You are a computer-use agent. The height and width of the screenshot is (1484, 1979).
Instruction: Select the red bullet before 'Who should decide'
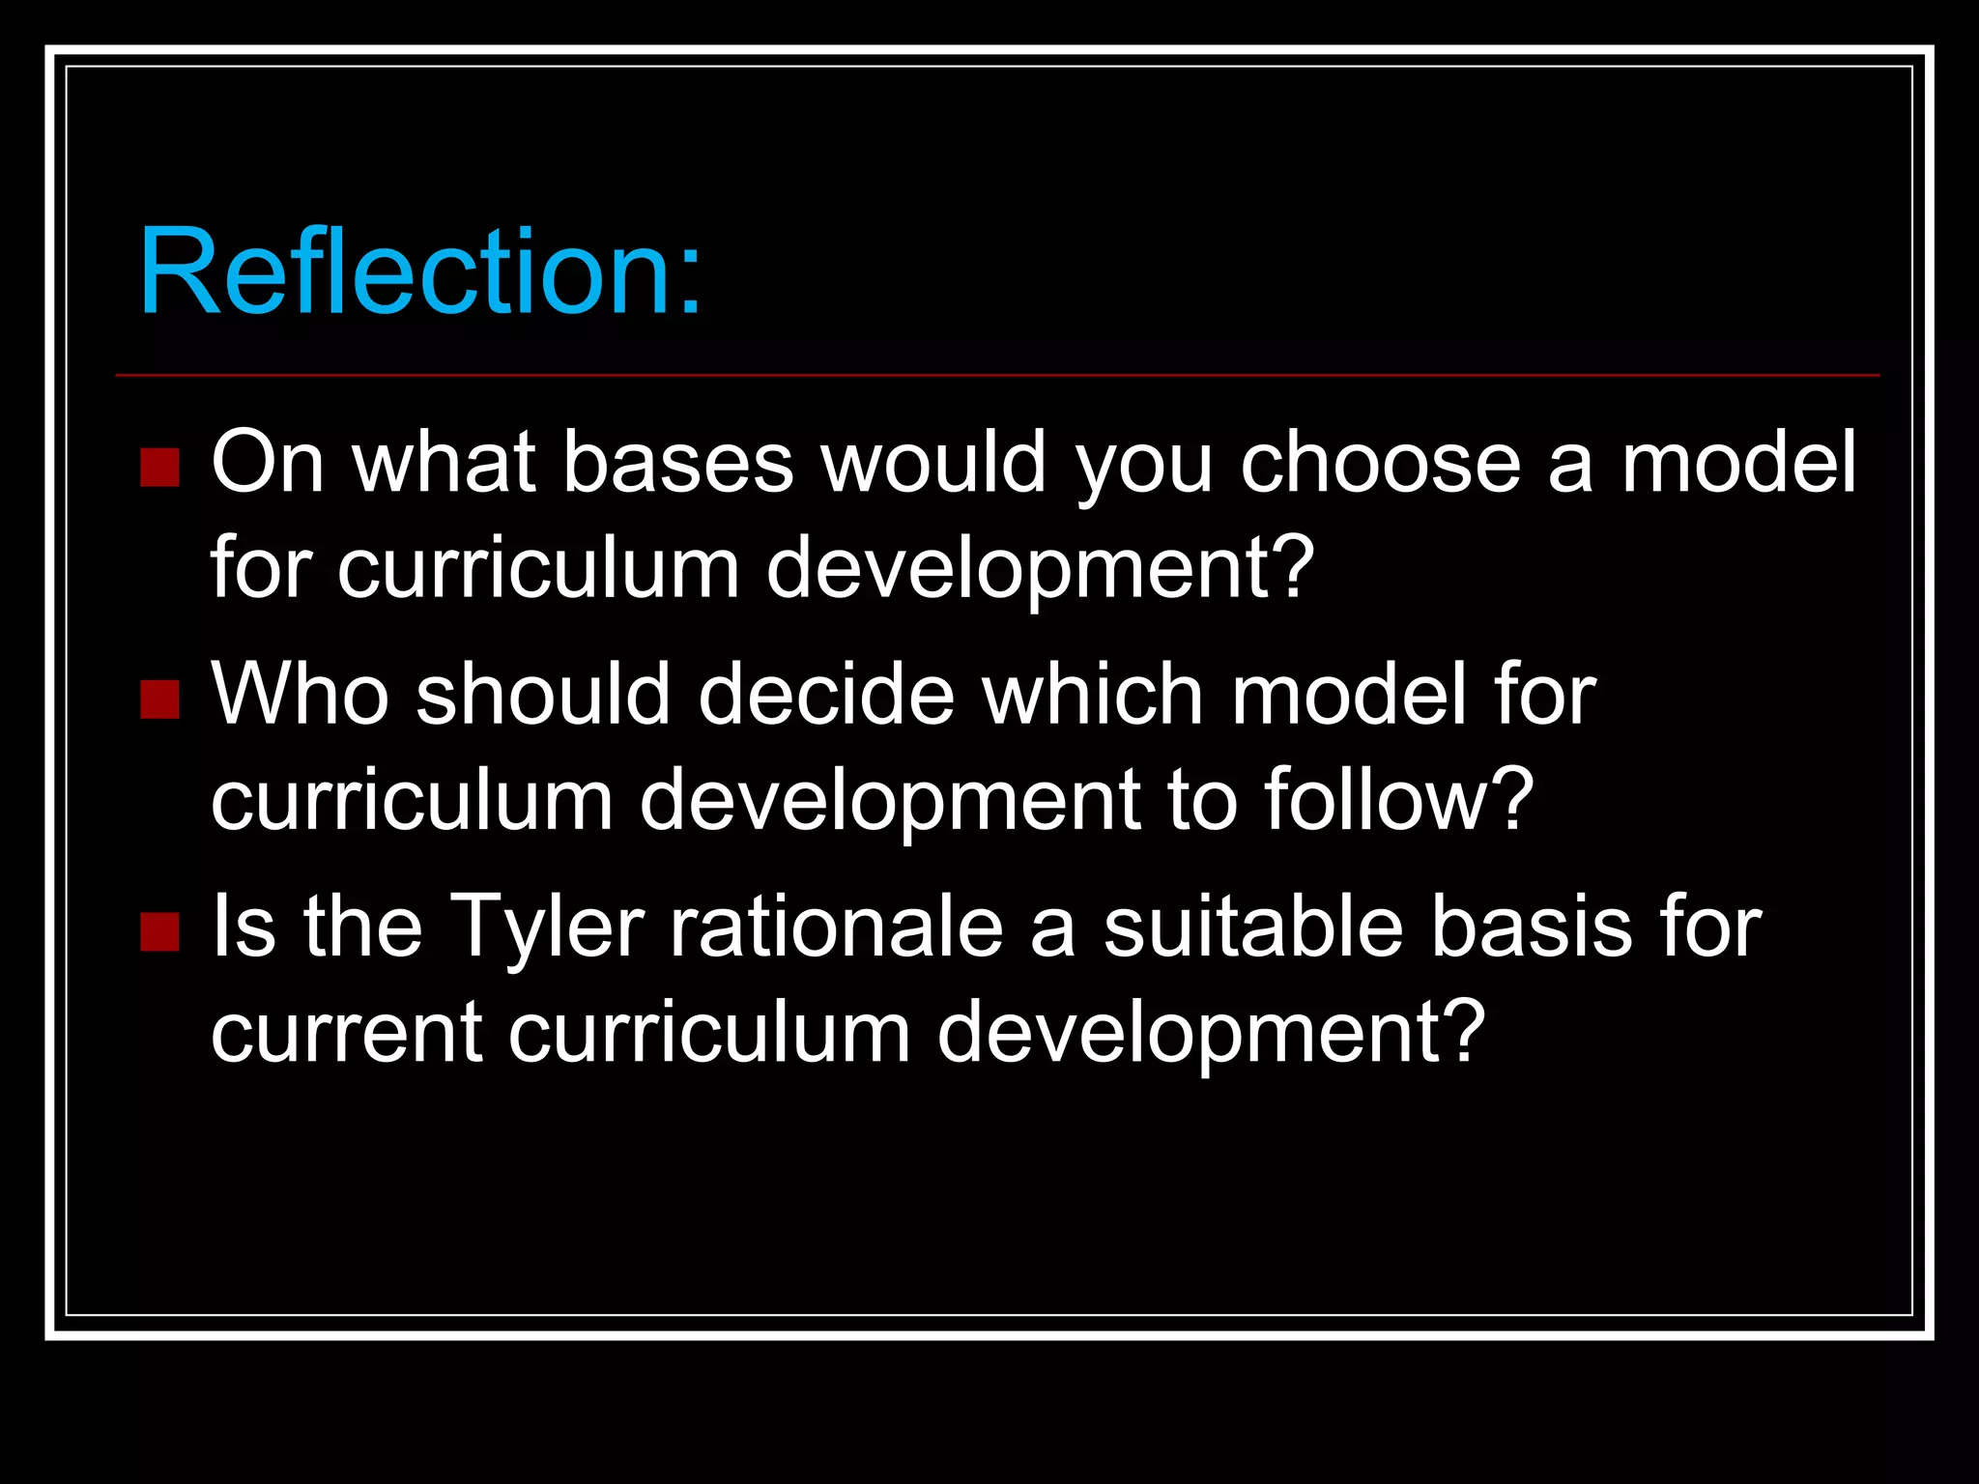coord(159,699)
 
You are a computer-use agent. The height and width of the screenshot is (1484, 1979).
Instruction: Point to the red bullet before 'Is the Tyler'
coord(159,931)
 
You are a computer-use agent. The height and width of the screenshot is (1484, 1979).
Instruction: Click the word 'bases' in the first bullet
coord(677,463)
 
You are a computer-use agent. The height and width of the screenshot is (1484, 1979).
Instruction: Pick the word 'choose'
coord(1381,463)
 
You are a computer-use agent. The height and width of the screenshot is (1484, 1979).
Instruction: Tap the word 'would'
coord(933,463)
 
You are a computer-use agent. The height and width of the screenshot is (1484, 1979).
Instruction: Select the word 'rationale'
coord(837,926)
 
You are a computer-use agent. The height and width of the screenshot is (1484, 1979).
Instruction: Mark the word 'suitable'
coord(1253,926)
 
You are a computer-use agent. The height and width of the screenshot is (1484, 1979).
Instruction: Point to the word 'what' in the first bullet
coord(444,463)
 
